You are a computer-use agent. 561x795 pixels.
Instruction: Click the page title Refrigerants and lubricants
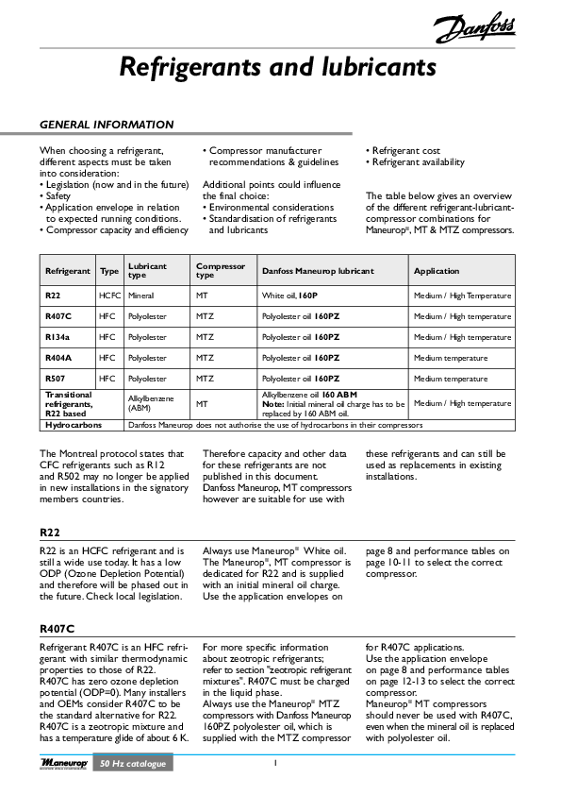tap(277, 68)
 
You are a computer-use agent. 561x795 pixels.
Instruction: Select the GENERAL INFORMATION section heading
tap(106, 125)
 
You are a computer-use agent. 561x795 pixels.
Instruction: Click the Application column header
tap(437, 271)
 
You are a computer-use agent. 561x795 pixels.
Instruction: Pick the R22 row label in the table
tap(55, 296)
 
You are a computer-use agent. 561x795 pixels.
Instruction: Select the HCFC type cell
tap(109, 296)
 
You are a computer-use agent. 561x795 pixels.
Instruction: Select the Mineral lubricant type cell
tap(141, 296)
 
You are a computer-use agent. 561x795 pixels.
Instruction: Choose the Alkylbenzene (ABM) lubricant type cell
tap(151, 404)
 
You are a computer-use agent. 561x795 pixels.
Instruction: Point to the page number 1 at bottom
tap(274, 763)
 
